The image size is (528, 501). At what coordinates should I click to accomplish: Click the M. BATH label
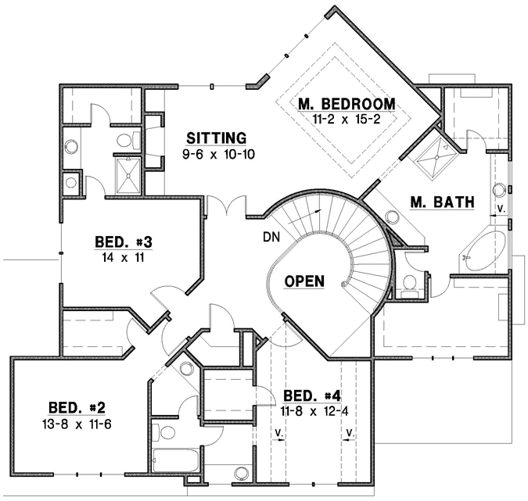[442, 202]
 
